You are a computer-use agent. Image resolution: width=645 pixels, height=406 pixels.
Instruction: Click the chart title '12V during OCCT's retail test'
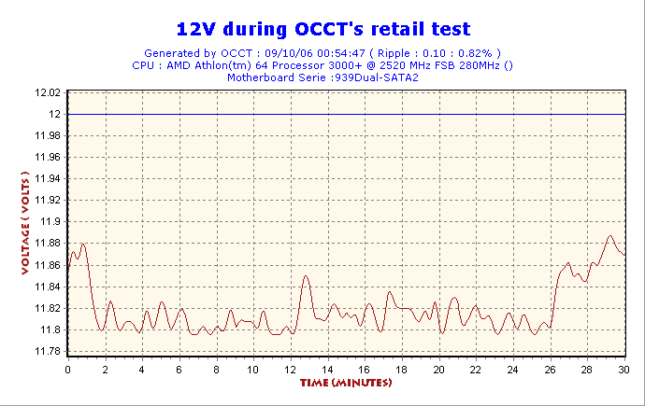pyautogui.click(x=322, y=29)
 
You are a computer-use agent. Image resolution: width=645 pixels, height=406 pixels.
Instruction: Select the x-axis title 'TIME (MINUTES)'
pyautogui.click(x=345, y=383)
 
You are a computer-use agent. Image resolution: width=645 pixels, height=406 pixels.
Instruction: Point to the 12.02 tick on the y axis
pyautogui.click(x=47, y=92)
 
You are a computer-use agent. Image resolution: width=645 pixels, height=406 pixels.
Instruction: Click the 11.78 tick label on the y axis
pyautogui.click(x=47, y=352)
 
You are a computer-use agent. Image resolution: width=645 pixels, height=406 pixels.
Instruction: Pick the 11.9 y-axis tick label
pyautogui.click(x=50, y=222)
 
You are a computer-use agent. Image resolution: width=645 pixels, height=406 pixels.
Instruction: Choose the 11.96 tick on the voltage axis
pyautogui.click(x=47, y=157)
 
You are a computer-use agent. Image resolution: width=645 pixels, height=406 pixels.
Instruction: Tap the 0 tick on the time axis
pyautogui.click(x=67, y=370)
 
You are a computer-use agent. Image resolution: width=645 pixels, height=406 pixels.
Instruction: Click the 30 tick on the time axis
pyautogui.click(x=623, y=370)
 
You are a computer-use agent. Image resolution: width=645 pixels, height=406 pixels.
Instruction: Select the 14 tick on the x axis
pyautogui.click(x=327, y=370)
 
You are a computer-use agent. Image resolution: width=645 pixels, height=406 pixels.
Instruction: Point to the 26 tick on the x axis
pyautogui.click(x=550, y=370)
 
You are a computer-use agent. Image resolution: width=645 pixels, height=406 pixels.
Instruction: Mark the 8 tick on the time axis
pyautogui.click(x=216, y=370)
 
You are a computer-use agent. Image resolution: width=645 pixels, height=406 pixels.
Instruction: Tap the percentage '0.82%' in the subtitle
pyautogui.click(x=480, y=53)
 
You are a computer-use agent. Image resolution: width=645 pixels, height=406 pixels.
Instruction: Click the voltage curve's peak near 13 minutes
pyautogui.click(x=306, y=275)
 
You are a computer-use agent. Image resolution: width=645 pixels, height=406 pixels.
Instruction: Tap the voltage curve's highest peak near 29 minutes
pyautogui.click(x=609, y=236)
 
